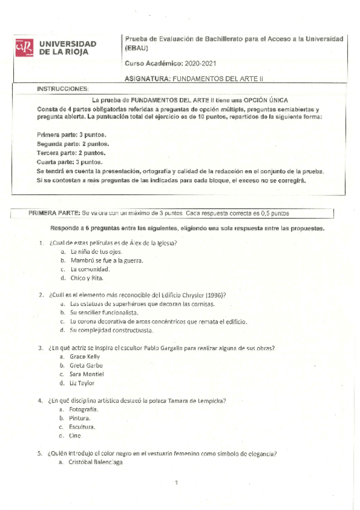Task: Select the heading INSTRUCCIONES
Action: [x=63, y=88]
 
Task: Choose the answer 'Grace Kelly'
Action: [x=86, y=357]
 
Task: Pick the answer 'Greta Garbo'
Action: [x=86, y=365]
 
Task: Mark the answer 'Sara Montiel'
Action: [x=88, y=374]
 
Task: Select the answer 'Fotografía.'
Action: [x=84, y=409]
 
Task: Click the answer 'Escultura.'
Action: [x=83, y=426]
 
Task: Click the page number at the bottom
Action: [x=177, y=482]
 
